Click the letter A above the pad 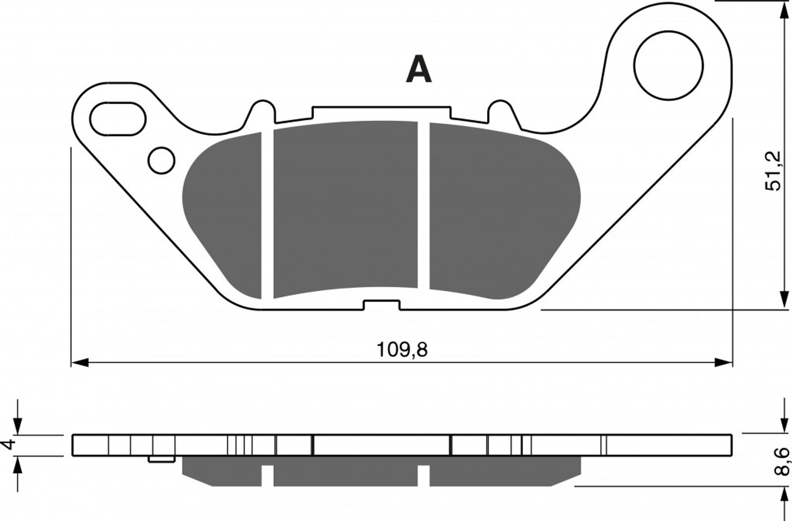tap(419, 70)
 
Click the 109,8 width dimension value tap(402, 350)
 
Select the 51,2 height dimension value tap(773, 171)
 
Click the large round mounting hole tap(669, 65)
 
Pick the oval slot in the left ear tap(118, 119)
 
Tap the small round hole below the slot tap(161, 160)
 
